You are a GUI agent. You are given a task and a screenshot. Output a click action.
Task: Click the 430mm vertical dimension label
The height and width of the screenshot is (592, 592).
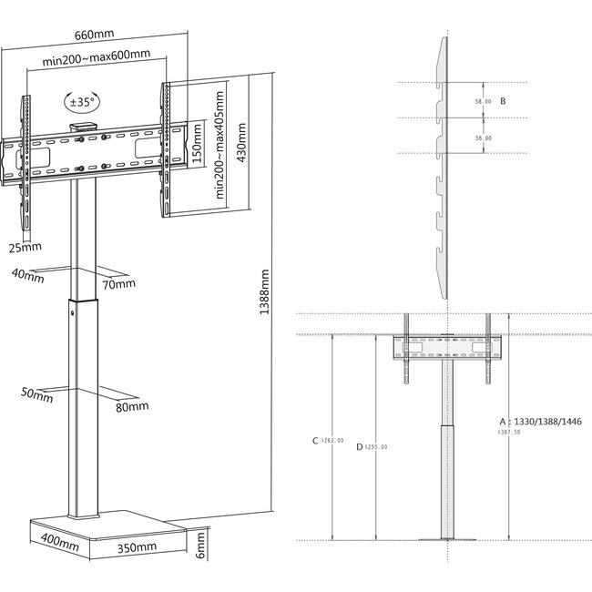coord(241,142)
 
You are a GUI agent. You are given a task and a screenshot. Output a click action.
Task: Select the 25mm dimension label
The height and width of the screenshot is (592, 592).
coord(26,247)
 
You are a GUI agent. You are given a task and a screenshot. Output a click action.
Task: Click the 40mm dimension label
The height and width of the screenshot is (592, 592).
coord(28,279)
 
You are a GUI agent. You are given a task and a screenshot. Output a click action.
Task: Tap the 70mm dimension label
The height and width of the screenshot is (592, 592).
coord(118,285)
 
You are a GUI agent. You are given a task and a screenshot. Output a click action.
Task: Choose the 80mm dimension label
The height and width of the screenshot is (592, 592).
coord(133,406)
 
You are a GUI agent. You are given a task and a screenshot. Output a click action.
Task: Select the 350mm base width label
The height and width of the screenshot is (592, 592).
coord(137,547)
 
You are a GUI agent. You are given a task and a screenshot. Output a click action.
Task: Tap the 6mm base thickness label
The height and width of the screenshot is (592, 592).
coord(202,546)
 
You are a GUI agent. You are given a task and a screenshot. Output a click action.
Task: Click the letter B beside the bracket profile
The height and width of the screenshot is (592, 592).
coord(503,101)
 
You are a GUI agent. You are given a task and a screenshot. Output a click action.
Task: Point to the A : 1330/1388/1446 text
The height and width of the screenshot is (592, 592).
coord(539,423)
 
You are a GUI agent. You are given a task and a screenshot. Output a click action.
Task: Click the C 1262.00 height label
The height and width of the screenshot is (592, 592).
coord(328,441)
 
